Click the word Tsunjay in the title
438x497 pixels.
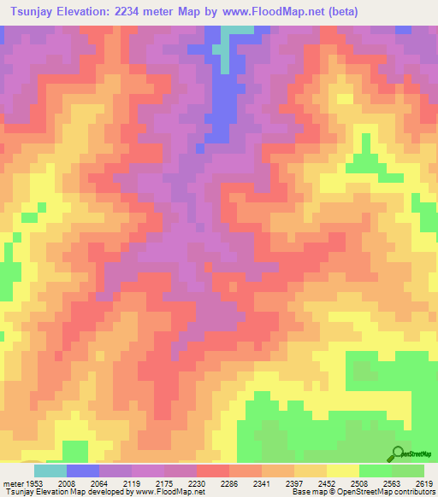(x=36, y=12)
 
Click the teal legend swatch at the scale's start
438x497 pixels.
(x=50, y=471)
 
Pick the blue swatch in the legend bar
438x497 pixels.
(x=82, y=471)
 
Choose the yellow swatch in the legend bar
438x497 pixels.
(x=342, y=471)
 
